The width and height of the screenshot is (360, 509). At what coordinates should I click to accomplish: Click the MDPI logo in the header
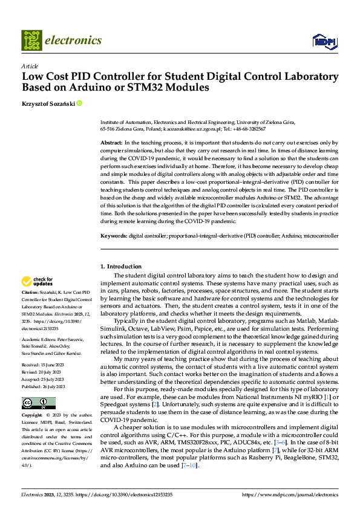point(324,41)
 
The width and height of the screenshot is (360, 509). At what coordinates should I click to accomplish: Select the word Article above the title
point(30,66)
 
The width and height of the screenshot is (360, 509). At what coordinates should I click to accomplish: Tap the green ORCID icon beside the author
point(79,104)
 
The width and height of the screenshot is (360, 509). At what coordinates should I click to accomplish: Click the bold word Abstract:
point(111,141)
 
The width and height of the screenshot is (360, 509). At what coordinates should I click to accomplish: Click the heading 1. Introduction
point(121,267)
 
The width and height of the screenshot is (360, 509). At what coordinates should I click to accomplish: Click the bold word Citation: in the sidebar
point(31,292)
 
